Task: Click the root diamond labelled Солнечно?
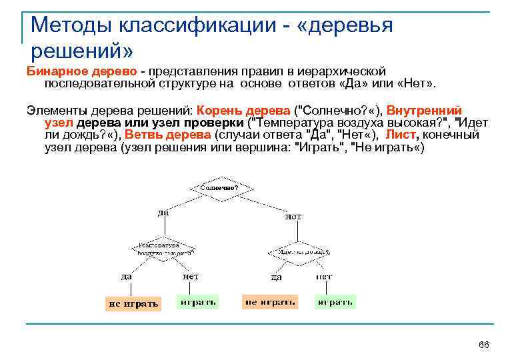(219, 188)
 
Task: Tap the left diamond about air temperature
(163, 249)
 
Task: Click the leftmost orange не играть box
(133, 303)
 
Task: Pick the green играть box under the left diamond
(198, 302)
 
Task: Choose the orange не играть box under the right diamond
(270, 302)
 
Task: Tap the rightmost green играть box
(335, 302)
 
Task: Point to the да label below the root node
(163, 213)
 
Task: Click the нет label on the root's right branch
(293, 217)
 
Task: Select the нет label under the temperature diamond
(190, 276)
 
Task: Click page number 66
(484, 345)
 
